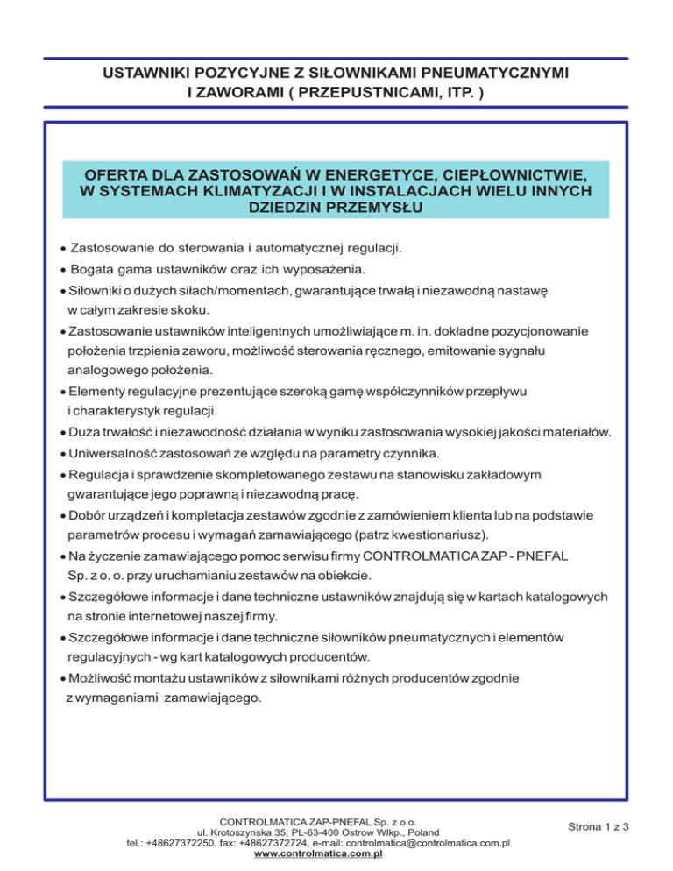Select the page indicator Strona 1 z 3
(x=599, y=825)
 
